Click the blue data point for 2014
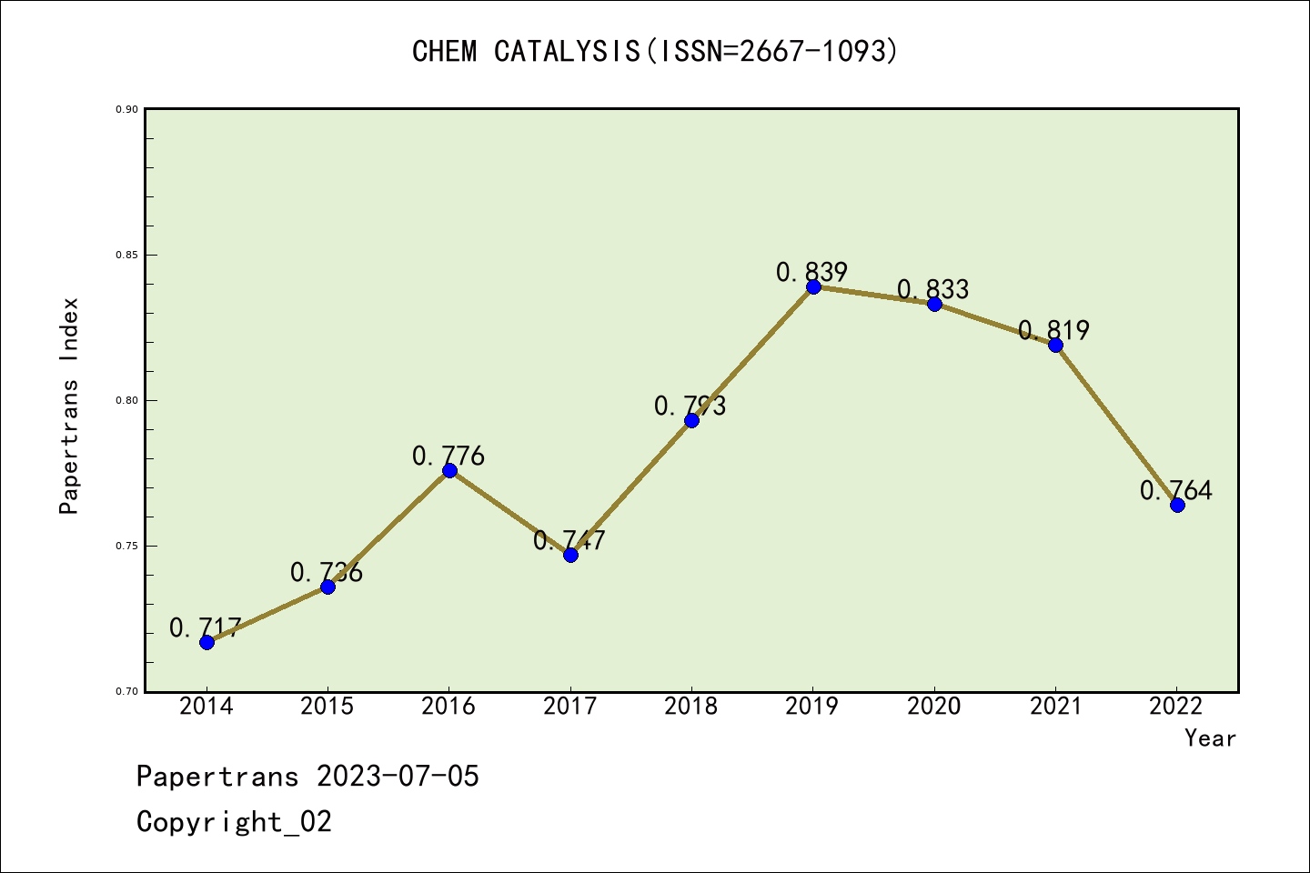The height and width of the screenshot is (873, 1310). pyautogui.click(x=207, y=642)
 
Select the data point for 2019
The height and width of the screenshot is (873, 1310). pyautogui.click(x=813, y=286)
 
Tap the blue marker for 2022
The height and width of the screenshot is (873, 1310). pyautogui.click(x=1177, y=505)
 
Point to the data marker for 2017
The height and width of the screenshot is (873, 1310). pyautogui.click(x=570, y=555)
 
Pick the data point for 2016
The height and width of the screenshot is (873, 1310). pyautogui.click(x=449, y=470)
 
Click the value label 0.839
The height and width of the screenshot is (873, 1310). pyautogui.click(x=811, y=272)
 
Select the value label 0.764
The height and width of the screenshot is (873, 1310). pyautogui.click(x=1175, y=490)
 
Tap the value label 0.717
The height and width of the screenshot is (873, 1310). pyautogui.click(x=206, y=627)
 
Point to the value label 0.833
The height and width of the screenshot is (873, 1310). pyautogui.click(x=933, y=289)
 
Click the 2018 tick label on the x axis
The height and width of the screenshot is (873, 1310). pyautogui.click(x=691, y=707)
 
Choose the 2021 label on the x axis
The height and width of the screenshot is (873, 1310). pyautogui.click(x=1055, y=707)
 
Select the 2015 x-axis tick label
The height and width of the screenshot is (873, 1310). pyautogui.click(x=327, y=707)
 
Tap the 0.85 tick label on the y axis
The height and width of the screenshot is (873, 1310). pyautogui.click(x=126, y=255)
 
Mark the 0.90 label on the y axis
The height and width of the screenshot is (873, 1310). pyautogui.click(x=126, y=109)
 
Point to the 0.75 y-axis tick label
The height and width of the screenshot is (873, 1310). pyautogui.click(x=126, y=546)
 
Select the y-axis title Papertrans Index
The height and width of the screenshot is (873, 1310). pyautogui.click(x=69, y=406)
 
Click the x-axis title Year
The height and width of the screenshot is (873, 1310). pyautogui.click(x=1210, y=738)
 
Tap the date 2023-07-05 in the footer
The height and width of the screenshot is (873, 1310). pyautogui.click(x=398, y=777)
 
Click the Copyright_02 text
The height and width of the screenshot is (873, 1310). pyautogui.click(x=235, y=822)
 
